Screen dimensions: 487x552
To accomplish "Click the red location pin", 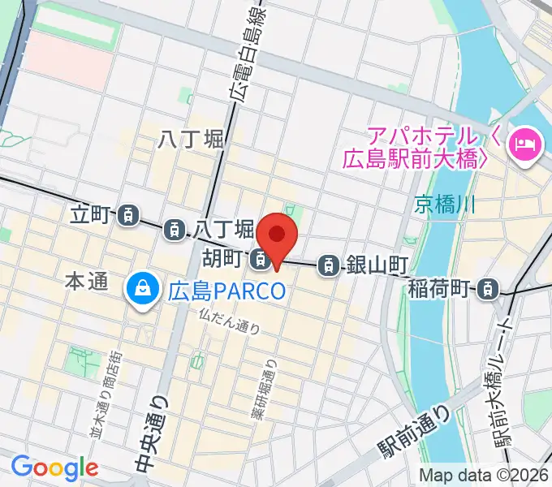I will click(277, 235).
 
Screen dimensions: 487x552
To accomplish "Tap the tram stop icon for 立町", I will click(127, 216).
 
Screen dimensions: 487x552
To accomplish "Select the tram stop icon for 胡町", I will click(260, 261).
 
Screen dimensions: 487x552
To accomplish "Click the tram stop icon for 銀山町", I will click(329, 263).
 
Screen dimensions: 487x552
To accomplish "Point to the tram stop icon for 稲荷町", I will click(487, 287).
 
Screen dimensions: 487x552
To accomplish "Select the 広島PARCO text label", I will click(228, 288).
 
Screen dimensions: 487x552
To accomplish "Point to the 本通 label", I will click(86, 282).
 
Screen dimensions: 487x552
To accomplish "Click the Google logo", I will click(54, 468).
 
